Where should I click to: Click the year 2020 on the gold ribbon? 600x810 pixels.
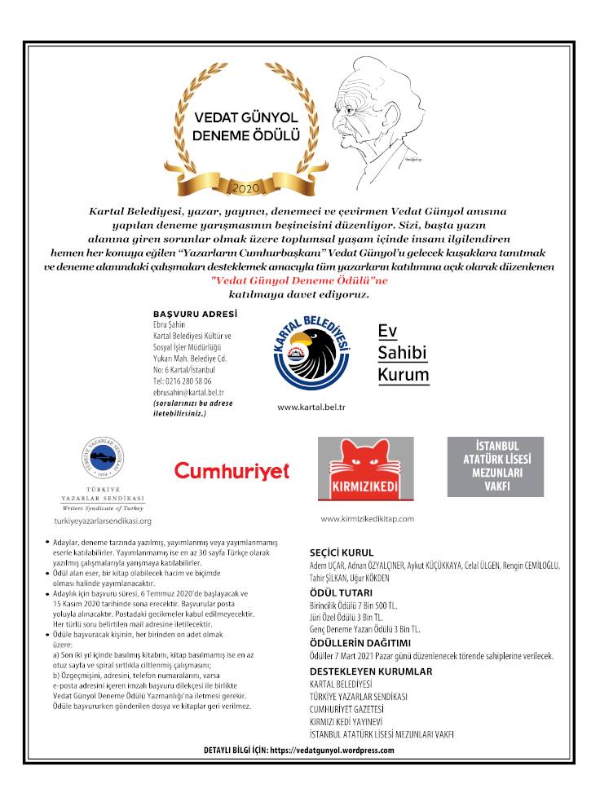coord(244,187)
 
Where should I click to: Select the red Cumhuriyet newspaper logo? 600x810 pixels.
coord(232,470)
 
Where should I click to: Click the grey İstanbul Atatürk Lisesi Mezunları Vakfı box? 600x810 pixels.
coord(495,467)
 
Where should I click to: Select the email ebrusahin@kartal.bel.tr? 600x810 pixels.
coord(188,392)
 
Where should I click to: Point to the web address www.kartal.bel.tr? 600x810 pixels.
coord(311,406)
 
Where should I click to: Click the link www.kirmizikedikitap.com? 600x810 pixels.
coord(368,518)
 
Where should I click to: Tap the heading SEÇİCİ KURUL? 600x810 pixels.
coord(347,552)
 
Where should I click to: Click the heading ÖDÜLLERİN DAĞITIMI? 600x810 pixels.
coord(360,643)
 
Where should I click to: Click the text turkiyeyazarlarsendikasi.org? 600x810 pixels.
coord(103,520)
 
